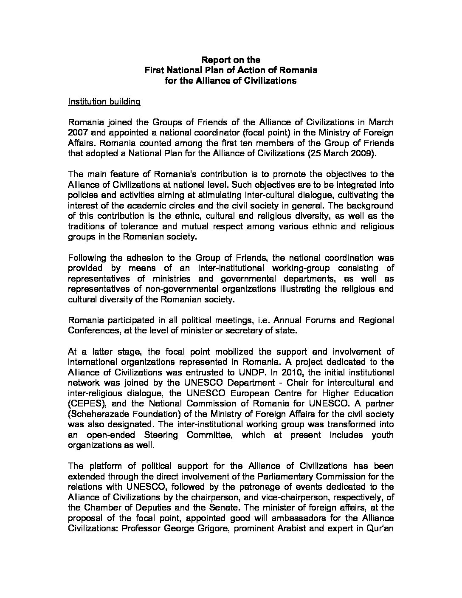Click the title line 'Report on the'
tap(231, 60)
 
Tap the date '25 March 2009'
tap(341, 154)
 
